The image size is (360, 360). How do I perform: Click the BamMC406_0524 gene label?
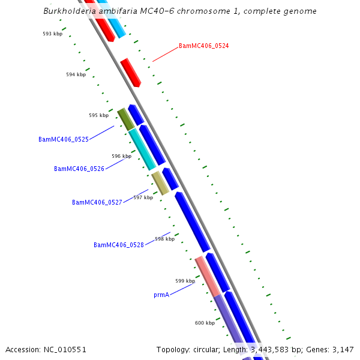pos(203,46)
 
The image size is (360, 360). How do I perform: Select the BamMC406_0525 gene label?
pos(64,139)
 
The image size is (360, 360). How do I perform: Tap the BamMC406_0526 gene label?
pos(79,169)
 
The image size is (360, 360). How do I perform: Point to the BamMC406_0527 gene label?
pos(97,202)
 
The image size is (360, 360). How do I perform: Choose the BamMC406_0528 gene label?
pos(119,245)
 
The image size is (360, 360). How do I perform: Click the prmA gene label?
pos(161,295)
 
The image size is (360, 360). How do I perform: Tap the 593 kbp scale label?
pos(52,34)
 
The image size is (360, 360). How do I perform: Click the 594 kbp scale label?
pos(76,74)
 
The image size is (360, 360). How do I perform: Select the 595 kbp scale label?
pos(98,115)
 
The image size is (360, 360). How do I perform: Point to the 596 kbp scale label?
pos(121,156)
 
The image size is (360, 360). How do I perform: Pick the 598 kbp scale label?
pos(164,239)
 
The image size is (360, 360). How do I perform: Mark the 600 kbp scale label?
pos(205,323)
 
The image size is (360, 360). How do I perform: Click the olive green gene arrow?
pos(125,119)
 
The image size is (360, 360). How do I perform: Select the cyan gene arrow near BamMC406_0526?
pos(142,149)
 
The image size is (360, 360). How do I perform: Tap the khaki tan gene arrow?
pos(160,183)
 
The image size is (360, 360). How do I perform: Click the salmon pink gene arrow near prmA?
pos(208,276)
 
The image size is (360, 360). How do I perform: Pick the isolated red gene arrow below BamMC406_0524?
pos(130,73)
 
